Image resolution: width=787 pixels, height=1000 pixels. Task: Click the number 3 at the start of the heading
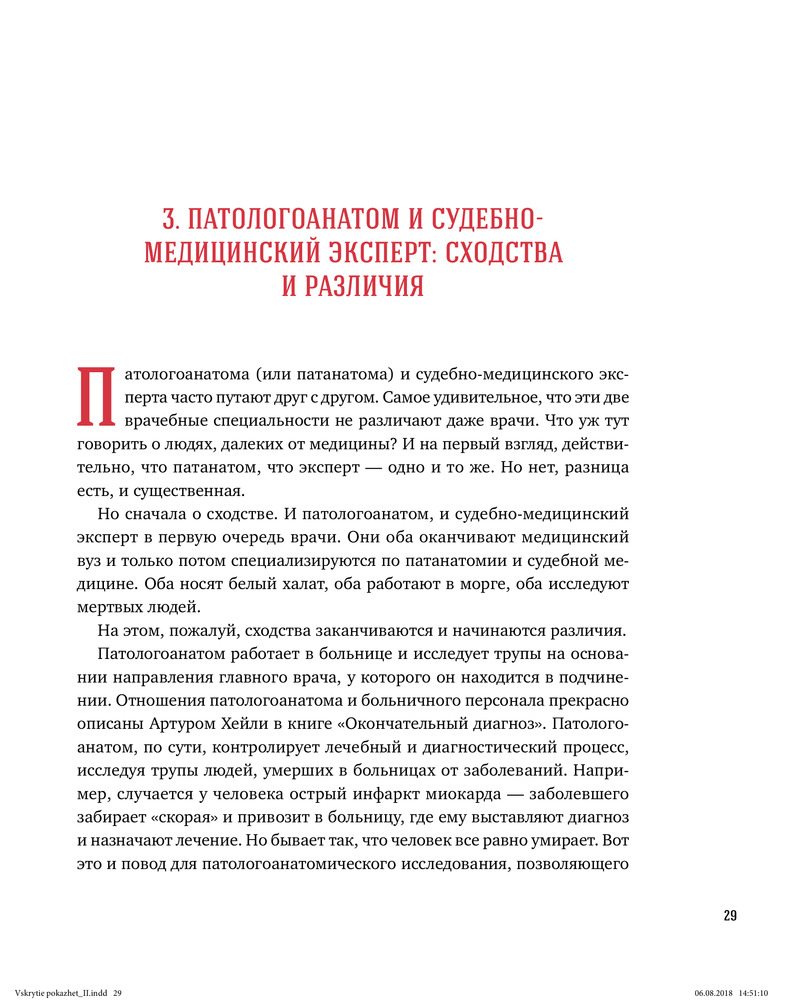(169, 219)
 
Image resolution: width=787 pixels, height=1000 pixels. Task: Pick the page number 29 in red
(730, 916)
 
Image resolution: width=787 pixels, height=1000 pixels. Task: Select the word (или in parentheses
(272, 373)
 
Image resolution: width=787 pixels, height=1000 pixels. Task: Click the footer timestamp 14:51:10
(754, 992)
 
